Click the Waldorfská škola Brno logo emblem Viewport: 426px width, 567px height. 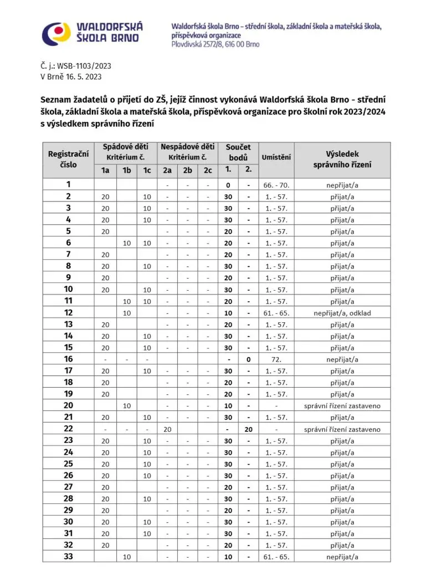(x=57, y=34)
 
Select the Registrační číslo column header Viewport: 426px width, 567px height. (x=69, y=159)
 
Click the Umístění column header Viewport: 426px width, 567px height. (x=276, y=157)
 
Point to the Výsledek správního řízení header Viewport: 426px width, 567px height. (x=342, y=159)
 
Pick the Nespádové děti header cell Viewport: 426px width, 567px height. (x=187, y=147)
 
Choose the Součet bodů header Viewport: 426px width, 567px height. (x=238, y=152)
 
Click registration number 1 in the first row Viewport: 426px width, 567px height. (x=69, y=184)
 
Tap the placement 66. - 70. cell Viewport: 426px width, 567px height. (x=276, y=185)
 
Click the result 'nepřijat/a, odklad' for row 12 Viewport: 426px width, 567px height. (x=342, y=313)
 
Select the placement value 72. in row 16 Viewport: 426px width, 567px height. (x=276, y=359)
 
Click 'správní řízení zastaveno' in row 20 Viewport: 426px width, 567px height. (x=342, y=406)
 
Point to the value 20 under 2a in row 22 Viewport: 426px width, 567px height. (x=167, y=429)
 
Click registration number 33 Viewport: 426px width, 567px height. (x=69, y=556)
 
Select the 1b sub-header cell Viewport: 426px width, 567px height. (x=127, y=171)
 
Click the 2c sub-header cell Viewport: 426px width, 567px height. (x=208, y=171)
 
